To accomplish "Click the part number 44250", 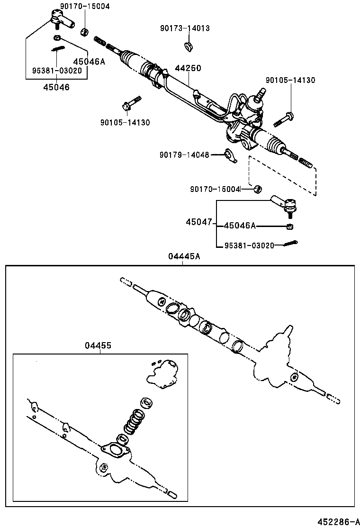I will coord(188,68).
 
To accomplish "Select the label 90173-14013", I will coord(185,28).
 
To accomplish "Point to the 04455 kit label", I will coord(98,345).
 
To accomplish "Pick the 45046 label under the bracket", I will coord(56,87).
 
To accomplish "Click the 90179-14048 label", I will coord(184,154).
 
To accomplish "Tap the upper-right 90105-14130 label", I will coord(290,81).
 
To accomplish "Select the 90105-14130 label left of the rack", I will coord(125,122).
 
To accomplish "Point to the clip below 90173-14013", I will coord(188,46).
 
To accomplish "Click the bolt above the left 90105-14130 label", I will coord(130,102).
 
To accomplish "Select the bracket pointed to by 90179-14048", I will coord(231,155).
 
